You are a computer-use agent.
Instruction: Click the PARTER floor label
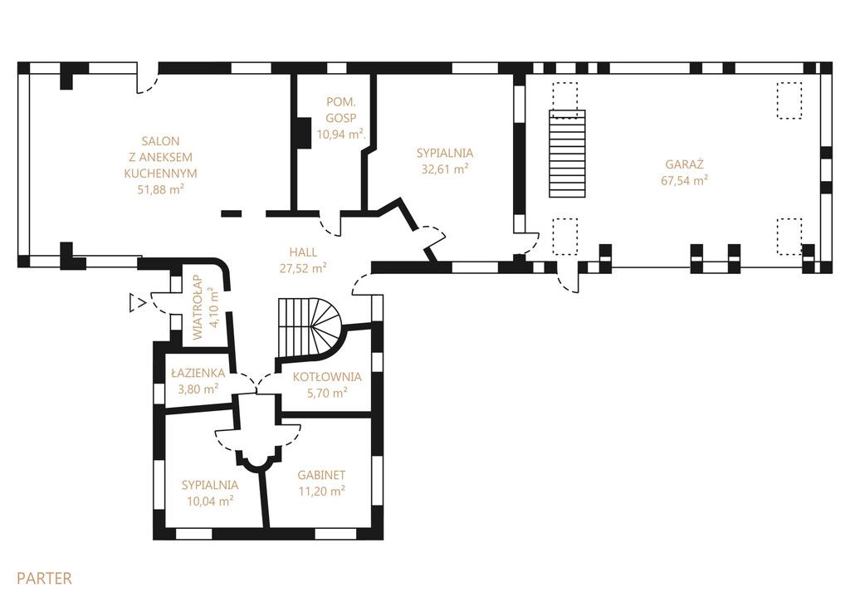[44, 578]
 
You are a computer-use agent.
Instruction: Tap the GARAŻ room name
[684, 164]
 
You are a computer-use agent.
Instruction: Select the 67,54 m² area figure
[684, 181]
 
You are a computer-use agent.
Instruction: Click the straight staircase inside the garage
[568, 154]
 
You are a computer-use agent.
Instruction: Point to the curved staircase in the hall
[310, 328]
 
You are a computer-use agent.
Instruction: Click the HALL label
[303, 252]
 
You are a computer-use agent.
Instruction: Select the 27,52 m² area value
[303, 268]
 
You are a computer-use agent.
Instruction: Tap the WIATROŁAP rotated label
[198, 307]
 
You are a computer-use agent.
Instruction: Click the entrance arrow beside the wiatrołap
[137, 303]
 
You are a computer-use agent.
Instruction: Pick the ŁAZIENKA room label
[198, 373]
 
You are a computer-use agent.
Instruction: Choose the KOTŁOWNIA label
[327, 377]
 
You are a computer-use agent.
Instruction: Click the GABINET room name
[321, 475]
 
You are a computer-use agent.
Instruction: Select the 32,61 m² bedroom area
[445, 169]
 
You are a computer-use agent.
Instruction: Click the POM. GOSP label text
[341, 110]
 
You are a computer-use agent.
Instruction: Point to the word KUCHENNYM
[160, 174]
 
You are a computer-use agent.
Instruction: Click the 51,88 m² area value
[161, 189]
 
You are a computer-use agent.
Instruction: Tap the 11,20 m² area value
[322, 492]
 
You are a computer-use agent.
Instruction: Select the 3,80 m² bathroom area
[198, 389]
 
